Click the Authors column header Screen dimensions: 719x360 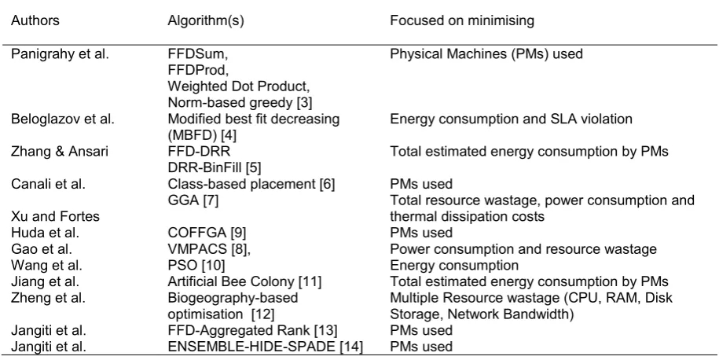(x=35, y=20)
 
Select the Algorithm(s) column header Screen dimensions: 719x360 (x=206, y=21)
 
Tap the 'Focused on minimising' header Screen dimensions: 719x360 (x=462, y=21)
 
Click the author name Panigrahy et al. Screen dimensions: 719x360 (x=60, y=54)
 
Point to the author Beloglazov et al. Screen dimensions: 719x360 (x=63, y=119)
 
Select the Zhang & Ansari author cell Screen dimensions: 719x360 (x=60, y=152)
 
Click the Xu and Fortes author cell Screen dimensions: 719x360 (x=55, y=216)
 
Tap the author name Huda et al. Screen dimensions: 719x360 (x=45, y=233)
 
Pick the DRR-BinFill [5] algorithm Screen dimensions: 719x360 (x=215, y=168)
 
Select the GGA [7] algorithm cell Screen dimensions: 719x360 (x=193, y=200)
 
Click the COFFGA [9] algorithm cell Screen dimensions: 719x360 (x=207, y=233)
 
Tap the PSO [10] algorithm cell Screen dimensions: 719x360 (x=196, y=266)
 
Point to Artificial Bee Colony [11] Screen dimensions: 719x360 (x=244, y=281)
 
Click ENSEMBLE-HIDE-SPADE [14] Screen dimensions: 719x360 (x=266, y=347)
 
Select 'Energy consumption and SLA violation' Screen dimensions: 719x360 (x=512, y=119)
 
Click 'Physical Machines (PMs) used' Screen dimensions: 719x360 (x=486, y=54)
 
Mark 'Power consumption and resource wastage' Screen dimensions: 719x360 (x=523, y=249)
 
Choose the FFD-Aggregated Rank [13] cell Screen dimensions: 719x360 (x=253, y=330)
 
